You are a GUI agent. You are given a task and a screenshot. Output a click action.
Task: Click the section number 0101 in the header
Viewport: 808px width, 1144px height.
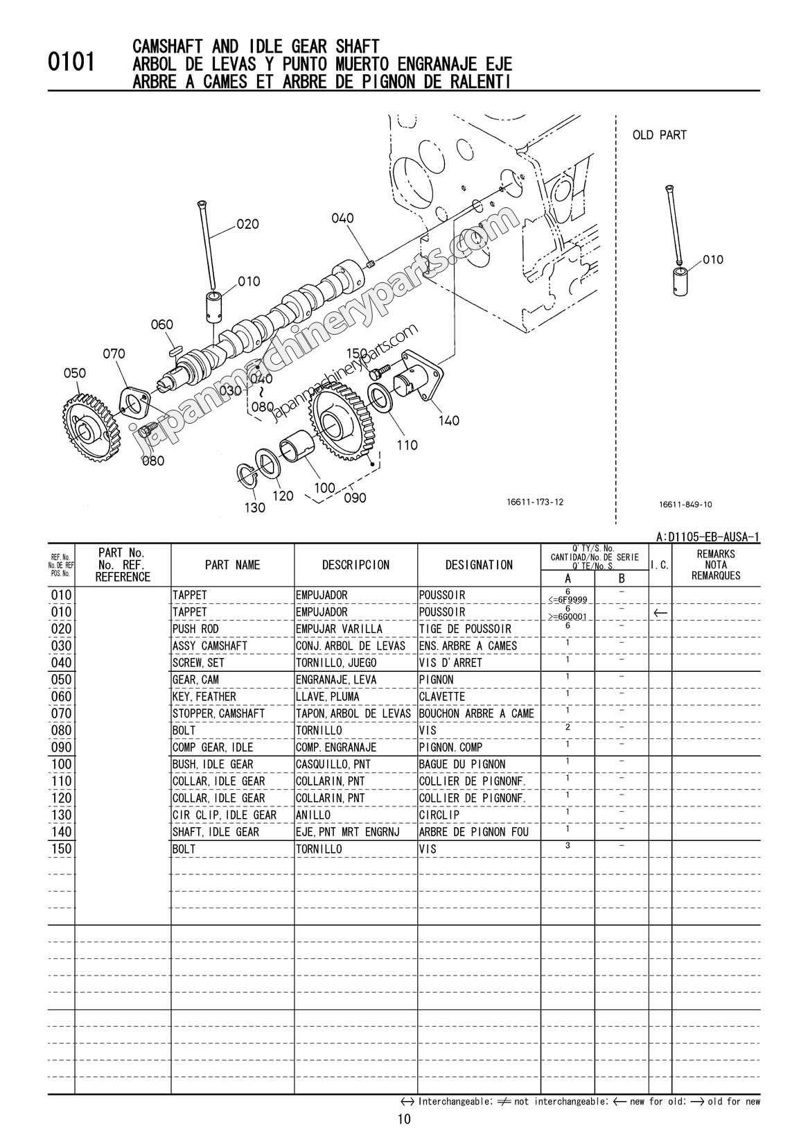tap(71, 63)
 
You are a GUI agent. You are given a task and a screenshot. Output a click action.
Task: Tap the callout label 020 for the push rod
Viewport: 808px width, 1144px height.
tap(247, 224)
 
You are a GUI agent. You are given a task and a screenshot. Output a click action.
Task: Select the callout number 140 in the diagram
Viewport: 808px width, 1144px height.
tap(448, 420)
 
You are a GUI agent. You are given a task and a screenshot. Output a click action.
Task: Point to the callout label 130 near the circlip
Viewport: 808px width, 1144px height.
tap(255, 508)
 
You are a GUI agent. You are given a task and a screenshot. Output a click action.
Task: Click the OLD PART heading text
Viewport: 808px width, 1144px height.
tap(659, 135)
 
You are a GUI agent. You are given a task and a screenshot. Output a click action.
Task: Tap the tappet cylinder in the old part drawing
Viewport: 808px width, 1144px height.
tap(678, 279)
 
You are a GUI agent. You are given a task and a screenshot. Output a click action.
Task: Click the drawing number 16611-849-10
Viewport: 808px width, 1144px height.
tap(686, 505)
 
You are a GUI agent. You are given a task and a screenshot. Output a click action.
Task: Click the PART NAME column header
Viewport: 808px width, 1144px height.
tap(232, 565)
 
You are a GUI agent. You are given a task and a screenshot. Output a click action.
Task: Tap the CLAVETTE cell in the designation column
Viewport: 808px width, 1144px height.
tap(441, 696)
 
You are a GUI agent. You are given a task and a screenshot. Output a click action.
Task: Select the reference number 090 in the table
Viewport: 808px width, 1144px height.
tap(61, 747)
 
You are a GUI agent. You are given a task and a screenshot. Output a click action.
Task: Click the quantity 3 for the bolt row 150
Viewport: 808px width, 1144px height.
tap(568, 845)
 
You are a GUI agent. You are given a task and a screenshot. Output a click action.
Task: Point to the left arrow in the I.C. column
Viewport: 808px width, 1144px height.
tap(660, 613)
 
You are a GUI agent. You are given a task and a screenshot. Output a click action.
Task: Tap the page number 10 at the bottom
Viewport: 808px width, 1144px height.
tap(404, 1119)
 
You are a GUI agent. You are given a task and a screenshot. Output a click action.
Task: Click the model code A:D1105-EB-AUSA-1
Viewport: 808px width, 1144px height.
tap(708, 537)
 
